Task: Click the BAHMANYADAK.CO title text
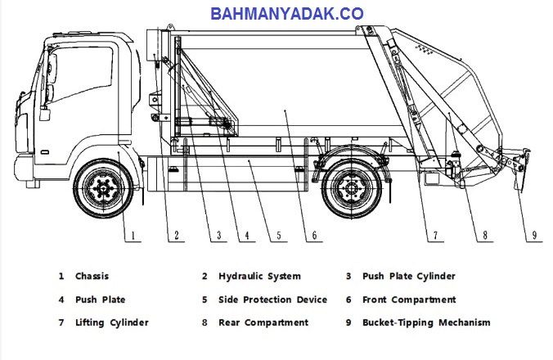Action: click(x=287, y=14)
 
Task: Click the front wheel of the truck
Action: click(x=103, y=189)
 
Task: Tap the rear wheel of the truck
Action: click(x=352, y=189)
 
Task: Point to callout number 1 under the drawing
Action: click(x=133, y=235)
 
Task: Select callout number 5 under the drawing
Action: click(x=279, y=235)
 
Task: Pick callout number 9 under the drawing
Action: click(x=534, y=235)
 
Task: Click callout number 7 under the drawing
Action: click(x=435, y=235)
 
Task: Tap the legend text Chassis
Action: click(x=92, y=276)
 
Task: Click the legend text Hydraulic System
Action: click(x=259, y=277)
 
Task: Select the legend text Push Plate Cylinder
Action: click(x=409, y=277)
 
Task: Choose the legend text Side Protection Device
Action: click(x=272, y=299)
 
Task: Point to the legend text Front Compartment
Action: click(x=409, y=300)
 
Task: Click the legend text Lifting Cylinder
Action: click(x=112, y=323)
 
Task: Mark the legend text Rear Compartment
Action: click(x=263, y=323)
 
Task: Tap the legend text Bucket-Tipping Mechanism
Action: click(x=426, y=323)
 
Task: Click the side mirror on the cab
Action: click(x=52, y=66)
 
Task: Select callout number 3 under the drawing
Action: click(x=218, y=235)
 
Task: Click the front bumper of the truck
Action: click(x=24, y=169)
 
